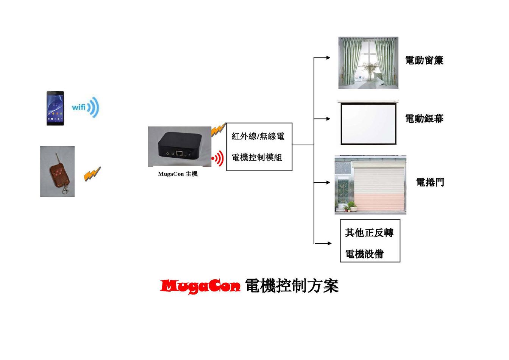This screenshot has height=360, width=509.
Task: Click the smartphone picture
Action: click(55, 108)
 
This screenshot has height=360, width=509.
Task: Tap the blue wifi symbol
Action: click(86, 107)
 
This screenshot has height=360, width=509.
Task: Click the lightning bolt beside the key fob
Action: click(92, 174)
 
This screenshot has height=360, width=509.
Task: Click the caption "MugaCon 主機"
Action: click(178, 174)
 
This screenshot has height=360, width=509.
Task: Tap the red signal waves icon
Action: click(218, 158)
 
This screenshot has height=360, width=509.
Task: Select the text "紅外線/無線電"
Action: click(258, 136)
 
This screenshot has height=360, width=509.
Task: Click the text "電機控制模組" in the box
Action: click(257, 157)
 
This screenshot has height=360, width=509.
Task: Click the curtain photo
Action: click(368, 63)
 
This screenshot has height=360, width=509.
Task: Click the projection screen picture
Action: click(368, 122)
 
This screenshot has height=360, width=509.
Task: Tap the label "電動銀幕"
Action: click(424, 119)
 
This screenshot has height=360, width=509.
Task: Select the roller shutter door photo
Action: click(370, 185)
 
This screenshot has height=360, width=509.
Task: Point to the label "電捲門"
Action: click(430, 183)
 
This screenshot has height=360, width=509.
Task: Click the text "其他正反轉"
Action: click(369, 233)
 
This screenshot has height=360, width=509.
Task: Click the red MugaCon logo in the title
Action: click(200, 286)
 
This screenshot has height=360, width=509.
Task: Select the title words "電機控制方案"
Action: click(292, 286)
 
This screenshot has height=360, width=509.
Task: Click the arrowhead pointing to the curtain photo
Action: click(328, 58)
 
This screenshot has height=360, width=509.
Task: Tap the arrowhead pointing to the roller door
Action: click(328, 182)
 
